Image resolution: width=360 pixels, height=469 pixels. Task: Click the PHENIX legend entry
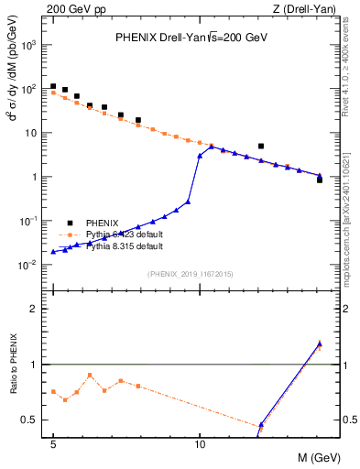coord(102,223)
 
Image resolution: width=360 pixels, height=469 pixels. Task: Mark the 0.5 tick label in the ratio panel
coord(30,420)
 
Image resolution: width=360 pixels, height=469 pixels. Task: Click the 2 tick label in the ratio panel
coord(36,309)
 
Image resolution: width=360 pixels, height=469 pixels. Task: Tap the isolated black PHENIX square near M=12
coord(261,146)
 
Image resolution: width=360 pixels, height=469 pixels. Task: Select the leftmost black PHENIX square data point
coord(53,86)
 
